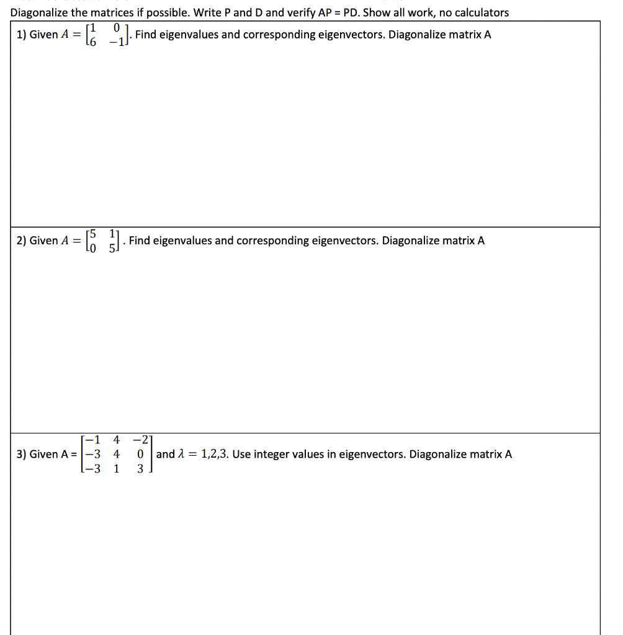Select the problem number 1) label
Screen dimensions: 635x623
(20, 35)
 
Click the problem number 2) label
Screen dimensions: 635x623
(20, 241)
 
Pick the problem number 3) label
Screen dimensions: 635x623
(20, 454)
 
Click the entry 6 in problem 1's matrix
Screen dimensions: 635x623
(95, 40)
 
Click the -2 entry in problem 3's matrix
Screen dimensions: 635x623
(141, 441)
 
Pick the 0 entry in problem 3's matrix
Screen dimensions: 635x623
(140, 454)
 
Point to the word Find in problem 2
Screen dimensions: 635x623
(140, 241)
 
